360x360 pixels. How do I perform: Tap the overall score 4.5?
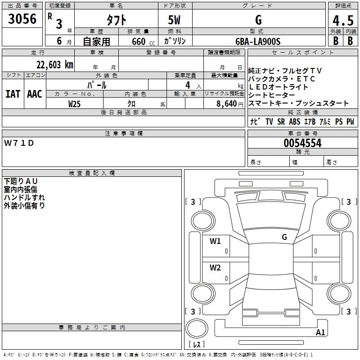pyautogui.click(x=343, y=20)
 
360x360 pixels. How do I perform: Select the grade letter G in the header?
pyautogui.click(x=258, y=20)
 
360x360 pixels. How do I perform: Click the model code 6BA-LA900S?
pyautogui.click(x=258, y=41)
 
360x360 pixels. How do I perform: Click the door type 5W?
pyautogui.click(x=175, y=20)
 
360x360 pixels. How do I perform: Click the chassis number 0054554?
pyautogui.click(x=302, y=144)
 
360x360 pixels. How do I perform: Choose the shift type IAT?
pyautogui.click(x=13, y=94)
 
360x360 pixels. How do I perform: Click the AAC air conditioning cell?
pyautogui.click(x=35, y=94)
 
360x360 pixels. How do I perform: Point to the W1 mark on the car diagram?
pyautogui.click(x=215, y=241)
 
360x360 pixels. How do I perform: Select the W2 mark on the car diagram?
pyautogui.click(x=215, y=268)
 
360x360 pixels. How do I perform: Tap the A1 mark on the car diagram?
pyautogui.click(x=321, y=333)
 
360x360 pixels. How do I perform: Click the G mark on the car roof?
pyautogui.click(x=284, y=237)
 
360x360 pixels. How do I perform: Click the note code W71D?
pyautogui.click(x=19, y=143)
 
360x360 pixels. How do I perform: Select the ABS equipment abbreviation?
pyautogui.click(x=294, y=121)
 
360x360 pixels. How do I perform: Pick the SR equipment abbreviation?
pyautogui.click(x=281, y=121)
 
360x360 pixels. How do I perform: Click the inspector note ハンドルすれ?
pyautogui.click(x=24, y=197)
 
